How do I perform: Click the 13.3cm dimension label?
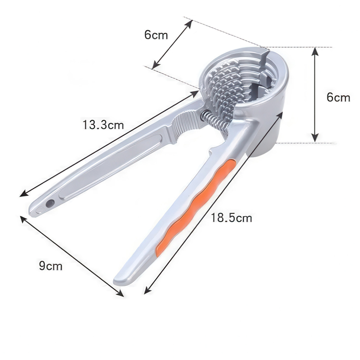tap(103, 125)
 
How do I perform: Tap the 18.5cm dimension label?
tap(231, 218)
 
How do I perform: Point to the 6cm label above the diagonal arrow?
tap(156, 35)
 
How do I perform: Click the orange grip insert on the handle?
tap(195, 205)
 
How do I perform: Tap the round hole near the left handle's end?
tap(50, 202)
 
